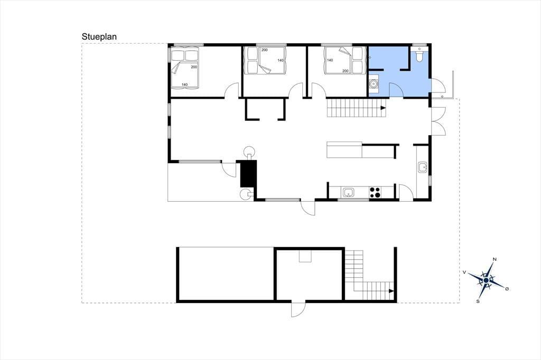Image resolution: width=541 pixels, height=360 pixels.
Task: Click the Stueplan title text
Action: [99, 36]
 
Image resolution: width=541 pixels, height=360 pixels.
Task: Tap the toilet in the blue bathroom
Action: [419, 56]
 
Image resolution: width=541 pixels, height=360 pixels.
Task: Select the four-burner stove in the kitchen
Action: [375, 193]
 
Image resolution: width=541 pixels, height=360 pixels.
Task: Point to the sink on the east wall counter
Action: [422, 167]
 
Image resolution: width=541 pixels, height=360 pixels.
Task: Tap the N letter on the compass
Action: [495, 259]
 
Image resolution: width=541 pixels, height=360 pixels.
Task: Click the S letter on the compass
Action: [478, 301]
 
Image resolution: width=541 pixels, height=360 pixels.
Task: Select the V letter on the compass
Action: [464, 272]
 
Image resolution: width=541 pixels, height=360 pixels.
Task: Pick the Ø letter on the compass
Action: [507, 289]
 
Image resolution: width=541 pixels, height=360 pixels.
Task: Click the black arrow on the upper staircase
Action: [383, 108]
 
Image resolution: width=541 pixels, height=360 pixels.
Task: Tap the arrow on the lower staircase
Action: [391, 291]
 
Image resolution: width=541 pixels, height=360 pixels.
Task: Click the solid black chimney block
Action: [248, 174]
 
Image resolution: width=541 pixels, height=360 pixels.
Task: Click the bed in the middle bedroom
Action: [265, 60]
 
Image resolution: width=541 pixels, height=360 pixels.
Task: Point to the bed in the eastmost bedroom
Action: [344, 60]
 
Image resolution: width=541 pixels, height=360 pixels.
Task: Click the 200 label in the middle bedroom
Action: [264, 50]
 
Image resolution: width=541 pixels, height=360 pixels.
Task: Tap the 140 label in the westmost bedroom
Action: [184, 84]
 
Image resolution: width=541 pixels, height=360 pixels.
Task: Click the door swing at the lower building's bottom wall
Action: [298, 310]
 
